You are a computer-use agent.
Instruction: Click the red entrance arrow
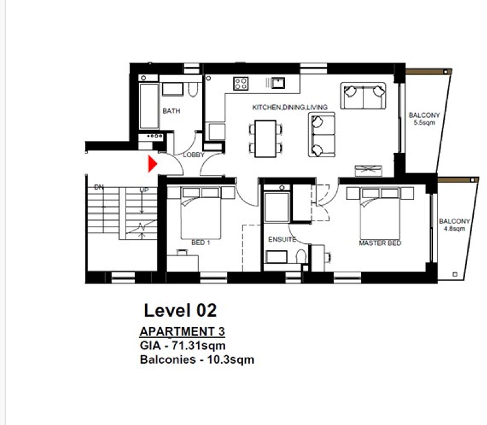[x=152, y=164]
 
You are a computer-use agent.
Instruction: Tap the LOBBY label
[x=194, y=155]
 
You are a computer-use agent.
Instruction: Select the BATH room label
[x=171, y=111]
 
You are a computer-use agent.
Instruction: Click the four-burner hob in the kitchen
[x=240, y=84]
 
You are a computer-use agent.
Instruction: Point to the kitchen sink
[x=278, y=83]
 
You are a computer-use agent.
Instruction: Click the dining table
[x=265, y=139]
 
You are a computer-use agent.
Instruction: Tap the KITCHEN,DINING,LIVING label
[x=290, y=107]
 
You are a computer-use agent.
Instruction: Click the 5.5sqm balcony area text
[x=424, y=123]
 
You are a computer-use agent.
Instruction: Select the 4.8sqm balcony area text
[x=454, y=229]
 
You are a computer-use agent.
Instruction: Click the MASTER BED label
[x=380, y=243]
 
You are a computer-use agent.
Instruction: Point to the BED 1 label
[x=201, y=243]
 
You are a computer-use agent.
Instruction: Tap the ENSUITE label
[x=282, y=239]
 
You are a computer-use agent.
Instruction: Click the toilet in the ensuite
[x=301, y=256]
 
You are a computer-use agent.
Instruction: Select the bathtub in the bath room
[x=149, y=106]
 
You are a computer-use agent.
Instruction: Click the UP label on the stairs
[x=144, y=190]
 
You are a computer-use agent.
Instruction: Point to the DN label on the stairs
[x=99, y=187]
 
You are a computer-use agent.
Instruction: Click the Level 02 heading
[x=180, y=311]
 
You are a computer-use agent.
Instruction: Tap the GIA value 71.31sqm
[x=198, y=345]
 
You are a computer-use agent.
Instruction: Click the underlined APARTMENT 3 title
[x=182, y=332]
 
